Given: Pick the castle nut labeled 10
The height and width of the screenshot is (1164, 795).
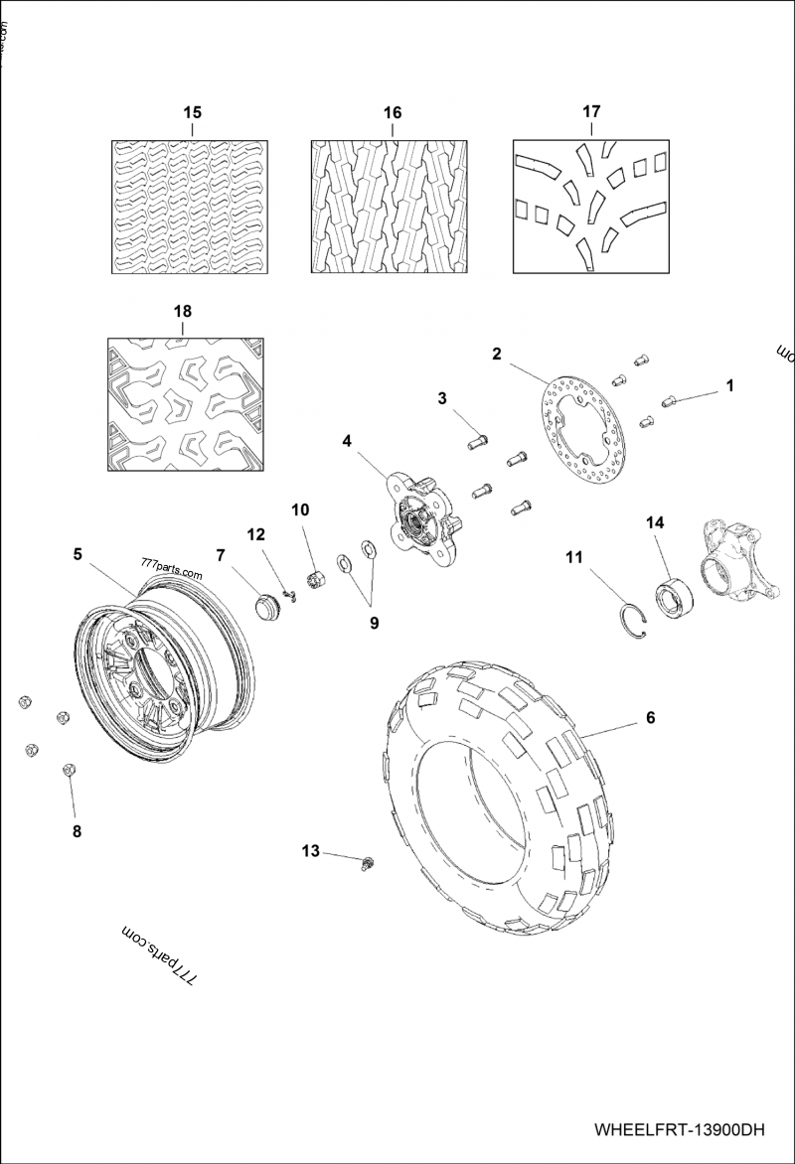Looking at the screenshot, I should tap(319, 578).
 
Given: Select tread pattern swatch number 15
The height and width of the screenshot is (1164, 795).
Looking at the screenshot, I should tap(191, 207).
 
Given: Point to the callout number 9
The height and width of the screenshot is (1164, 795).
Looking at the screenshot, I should tap(374, 624).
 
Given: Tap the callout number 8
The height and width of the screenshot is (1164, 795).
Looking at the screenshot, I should tap(77, 832).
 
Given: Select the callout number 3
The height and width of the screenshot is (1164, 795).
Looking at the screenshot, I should tap(441, 398).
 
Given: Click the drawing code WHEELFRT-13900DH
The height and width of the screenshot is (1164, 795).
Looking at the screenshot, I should tap(680, 1130).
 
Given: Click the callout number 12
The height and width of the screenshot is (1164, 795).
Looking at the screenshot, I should tap(256, 534).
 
